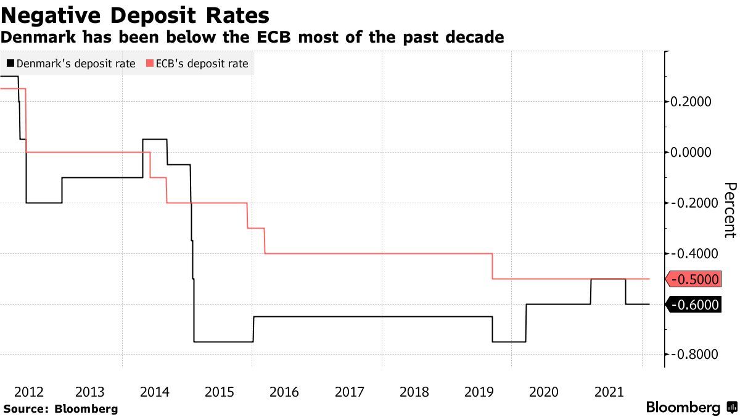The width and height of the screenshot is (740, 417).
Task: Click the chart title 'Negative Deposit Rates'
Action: (x=136, y=15)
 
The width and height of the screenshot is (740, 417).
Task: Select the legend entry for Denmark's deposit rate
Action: (x=71, y=63)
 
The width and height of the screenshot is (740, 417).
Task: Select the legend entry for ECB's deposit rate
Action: (x=197, y=63)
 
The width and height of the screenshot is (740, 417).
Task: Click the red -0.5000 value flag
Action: (x=694, y=279)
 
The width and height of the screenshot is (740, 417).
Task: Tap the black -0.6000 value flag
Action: (x=694, y=304)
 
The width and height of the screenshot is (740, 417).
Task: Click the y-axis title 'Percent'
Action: (x=730, y=210)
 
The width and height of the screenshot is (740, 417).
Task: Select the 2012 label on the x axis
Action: (x=28, y=392)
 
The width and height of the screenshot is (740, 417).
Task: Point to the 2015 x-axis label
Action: (x=220, y=392)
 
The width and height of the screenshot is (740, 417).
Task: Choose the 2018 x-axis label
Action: (x=414, y=392)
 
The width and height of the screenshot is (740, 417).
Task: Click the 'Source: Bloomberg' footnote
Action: (x=60, y=408)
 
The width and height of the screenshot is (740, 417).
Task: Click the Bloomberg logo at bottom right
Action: (x=683, y=408)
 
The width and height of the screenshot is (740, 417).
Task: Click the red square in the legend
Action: (x=149, y=63)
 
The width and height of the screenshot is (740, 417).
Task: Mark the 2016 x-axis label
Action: (x=284, y=392)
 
